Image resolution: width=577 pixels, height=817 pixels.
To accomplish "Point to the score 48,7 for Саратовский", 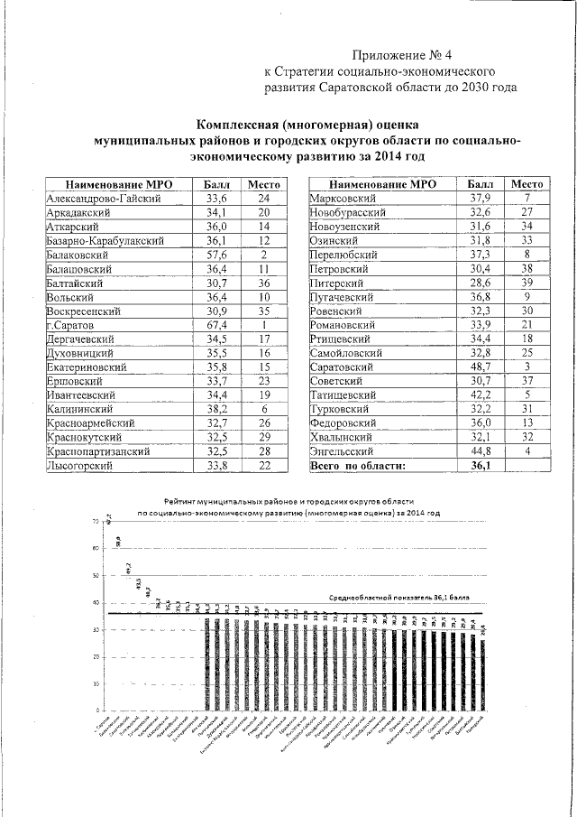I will tap(480, 368).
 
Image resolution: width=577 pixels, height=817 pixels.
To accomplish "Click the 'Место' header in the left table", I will tap(264, 184).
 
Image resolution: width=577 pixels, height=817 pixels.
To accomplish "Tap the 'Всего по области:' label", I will tap(358, 466).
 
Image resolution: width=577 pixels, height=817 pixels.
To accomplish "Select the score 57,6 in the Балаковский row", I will tap(216, 255).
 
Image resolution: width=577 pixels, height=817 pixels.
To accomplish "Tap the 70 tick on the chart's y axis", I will tap(95, 522).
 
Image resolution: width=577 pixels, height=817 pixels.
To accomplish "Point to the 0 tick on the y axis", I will tap(97, 712).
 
